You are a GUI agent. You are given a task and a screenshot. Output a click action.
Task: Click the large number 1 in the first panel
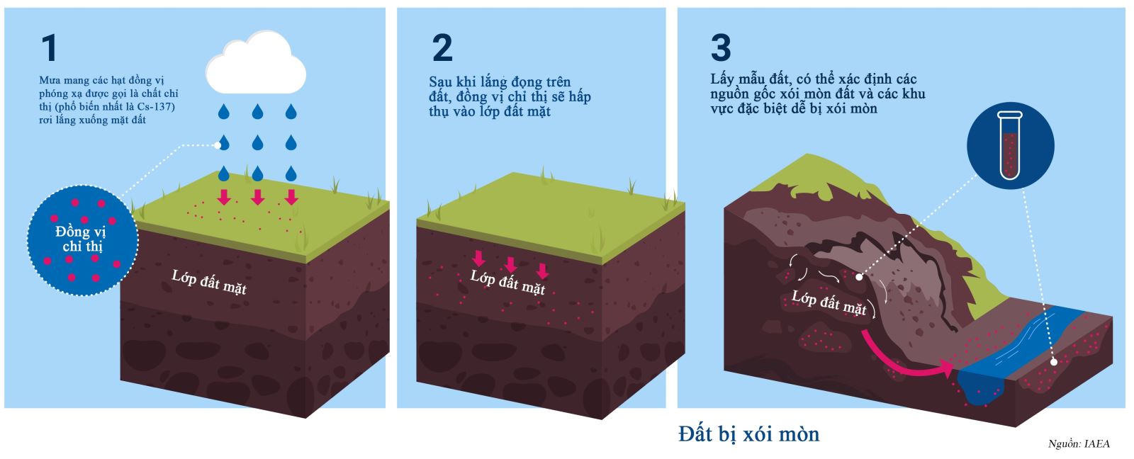point(50,48)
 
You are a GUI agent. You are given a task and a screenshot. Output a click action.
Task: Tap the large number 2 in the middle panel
point(442,48)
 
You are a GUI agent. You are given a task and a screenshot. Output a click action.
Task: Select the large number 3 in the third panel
point(721,48)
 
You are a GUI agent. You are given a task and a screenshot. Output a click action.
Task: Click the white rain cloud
point(256,63)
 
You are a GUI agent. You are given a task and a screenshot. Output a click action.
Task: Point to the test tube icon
point(1009,144)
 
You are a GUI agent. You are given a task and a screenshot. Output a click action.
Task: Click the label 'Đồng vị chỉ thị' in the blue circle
point(82,239)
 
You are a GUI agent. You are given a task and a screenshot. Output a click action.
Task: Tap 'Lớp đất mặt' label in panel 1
point(209,283)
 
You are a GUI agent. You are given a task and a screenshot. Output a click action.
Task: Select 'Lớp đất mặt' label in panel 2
point(507,283)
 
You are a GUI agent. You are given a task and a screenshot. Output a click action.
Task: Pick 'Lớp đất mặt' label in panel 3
point(829,302)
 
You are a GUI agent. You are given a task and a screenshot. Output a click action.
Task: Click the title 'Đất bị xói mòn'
point(748,434)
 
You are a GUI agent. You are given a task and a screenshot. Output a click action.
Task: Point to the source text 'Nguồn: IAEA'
point(1079,444)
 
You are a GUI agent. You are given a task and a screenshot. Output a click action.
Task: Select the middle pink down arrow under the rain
point(258,197)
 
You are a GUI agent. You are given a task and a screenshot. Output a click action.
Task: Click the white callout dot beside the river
point(1053,362)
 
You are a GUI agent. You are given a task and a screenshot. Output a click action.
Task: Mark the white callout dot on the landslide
point(859,278)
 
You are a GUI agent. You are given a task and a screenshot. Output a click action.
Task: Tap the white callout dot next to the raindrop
point(218,145)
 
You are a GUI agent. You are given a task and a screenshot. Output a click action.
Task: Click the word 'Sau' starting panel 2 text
point(440,82)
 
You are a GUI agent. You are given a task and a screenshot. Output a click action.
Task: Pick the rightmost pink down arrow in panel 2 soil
point(543,271)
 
